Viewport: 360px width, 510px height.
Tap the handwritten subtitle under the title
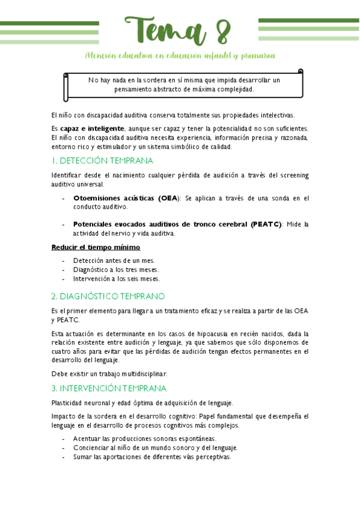click(x=180, y=56)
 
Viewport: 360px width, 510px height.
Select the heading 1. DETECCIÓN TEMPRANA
click(x=102, y=161)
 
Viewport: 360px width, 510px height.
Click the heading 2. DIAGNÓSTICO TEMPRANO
click(x=108, y=296)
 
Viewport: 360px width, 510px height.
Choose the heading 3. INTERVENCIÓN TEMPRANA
click(x=109, y=389)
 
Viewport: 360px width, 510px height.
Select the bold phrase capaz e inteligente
click(x=93, y=129)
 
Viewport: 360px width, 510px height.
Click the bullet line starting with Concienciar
click(x=155, y=447)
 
